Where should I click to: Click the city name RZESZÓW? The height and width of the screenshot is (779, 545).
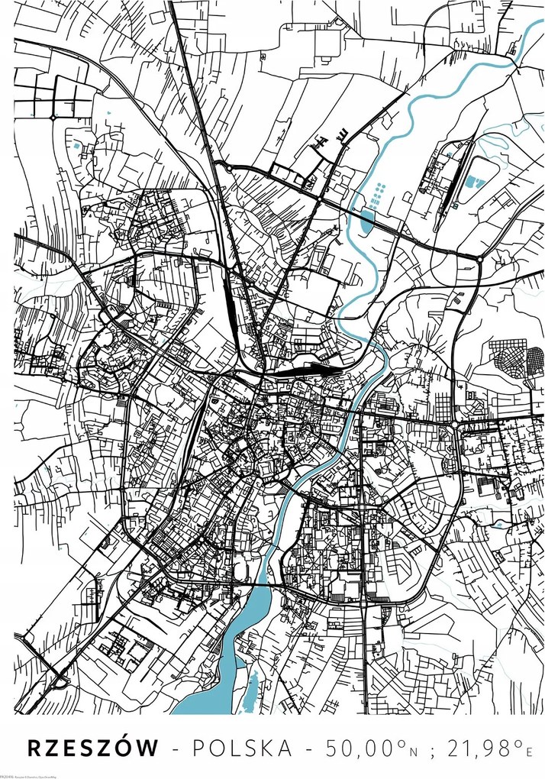coord(93,748)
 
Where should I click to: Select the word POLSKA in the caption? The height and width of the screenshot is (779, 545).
coord(243,748)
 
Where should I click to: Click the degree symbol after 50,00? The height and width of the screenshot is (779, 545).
coord(397,742)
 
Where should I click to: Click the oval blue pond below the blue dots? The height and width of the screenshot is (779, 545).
coord(367,221)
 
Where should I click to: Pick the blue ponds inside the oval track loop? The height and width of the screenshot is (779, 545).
coord(475,182)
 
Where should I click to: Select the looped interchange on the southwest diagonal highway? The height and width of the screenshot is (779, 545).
coord(58,677)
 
